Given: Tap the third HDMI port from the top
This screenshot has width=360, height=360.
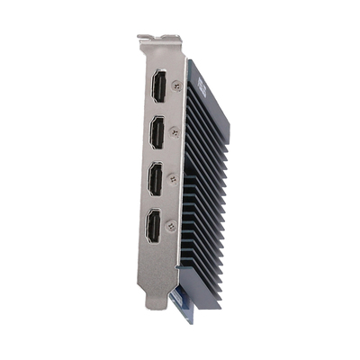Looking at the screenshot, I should pos(156,179).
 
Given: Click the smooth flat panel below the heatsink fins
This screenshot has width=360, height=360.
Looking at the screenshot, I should pos(207,292).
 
